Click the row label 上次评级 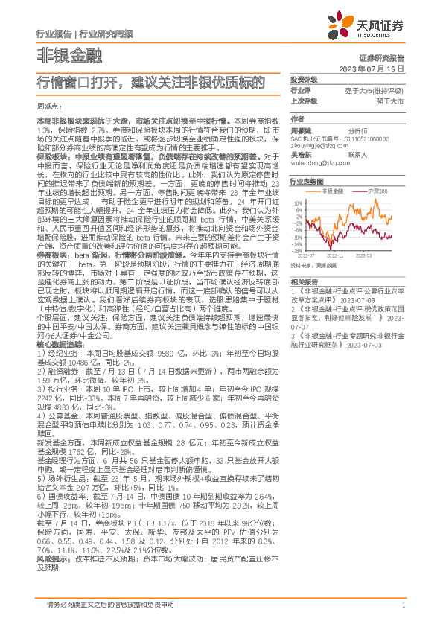304,99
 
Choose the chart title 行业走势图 307,182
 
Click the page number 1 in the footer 402,604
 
